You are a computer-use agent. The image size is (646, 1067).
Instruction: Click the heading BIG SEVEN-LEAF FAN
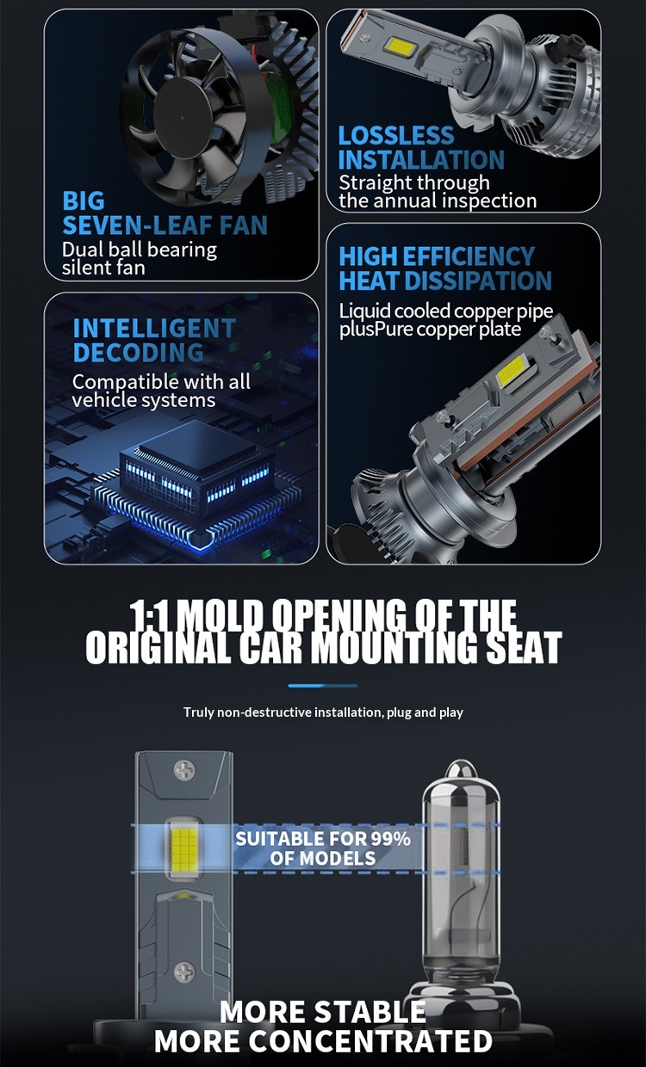[164, 213]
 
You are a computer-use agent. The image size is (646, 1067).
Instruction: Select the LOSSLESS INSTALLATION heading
[420, 147]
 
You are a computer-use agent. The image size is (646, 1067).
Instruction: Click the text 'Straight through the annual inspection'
[437, 191]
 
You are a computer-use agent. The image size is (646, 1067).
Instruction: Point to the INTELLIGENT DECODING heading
[153, 340]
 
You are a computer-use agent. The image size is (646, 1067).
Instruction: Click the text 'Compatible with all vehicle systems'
[160, 391]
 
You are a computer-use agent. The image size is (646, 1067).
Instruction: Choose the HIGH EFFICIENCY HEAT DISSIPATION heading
[444, 268]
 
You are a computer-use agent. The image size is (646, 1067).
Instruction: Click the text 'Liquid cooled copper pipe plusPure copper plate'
[445, 320]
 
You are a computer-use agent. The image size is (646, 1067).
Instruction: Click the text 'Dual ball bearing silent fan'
[139, 258]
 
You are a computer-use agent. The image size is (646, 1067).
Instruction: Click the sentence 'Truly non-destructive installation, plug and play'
[323, 712]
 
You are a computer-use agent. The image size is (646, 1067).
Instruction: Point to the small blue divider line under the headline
[322, 686]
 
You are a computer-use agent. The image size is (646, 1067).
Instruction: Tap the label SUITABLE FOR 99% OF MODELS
[323, 848]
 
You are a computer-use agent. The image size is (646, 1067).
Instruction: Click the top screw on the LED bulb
[184, 768]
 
